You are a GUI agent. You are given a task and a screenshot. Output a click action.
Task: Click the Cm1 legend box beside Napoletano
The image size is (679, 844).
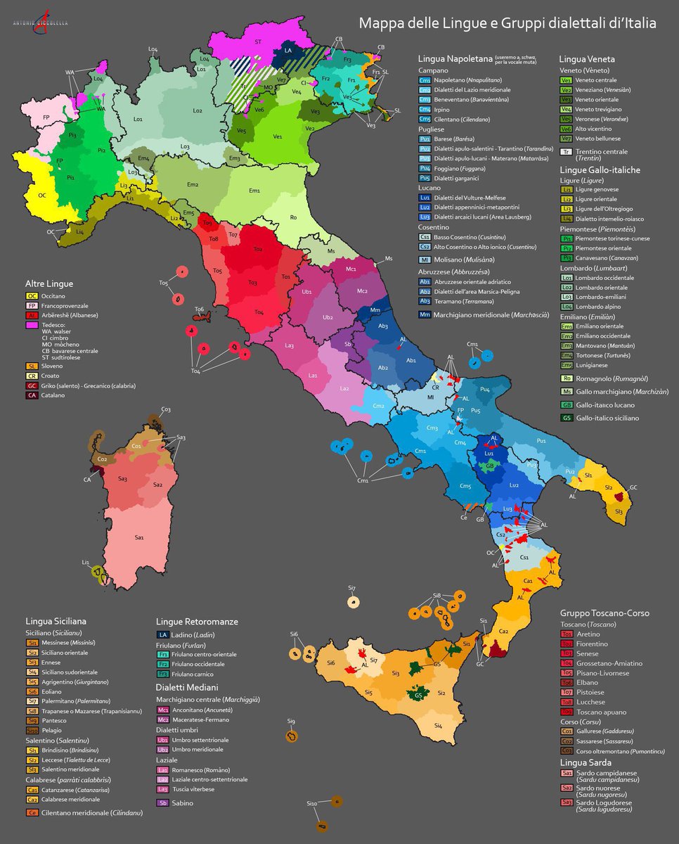425,81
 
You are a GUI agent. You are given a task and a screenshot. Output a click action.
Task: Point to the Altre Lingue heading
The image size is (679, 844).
48,283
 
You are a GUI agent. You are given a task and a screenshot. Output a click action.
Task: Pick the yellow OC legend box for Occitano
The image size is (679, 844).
32,296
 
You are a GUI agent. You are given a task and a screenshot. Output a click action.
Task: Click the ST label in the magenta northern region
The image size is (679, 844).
258,42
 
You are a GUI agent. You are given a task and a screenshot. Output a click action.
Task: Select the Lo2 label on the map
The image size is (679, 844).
198,110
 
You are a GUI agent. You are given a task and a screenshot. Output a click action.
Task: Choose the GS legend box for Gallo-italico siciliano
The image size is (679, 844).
566,418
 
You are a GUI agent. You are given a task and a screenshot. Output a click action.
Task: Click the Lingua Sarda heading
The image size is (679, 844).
586,762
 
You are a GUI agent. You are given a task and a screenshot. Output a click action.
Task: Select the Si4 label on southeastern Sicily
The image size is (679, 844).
438,725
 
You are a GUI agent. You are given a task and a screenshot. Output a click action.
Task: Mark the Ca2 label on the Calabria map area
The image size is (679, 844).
503,631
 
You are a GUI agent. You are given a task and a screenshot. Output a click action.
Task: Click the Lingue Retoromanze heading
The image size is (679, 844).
197,622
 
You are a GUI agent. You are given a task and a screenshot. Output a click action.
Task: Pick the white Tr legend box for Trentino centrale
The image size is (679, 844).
566,151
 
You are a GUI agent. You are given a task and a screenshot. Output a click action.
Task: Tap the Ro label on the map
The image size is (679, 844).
293,217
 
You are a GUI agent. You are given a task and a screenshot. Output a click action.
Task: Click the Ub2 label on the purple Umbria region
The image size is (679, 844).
328,317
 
